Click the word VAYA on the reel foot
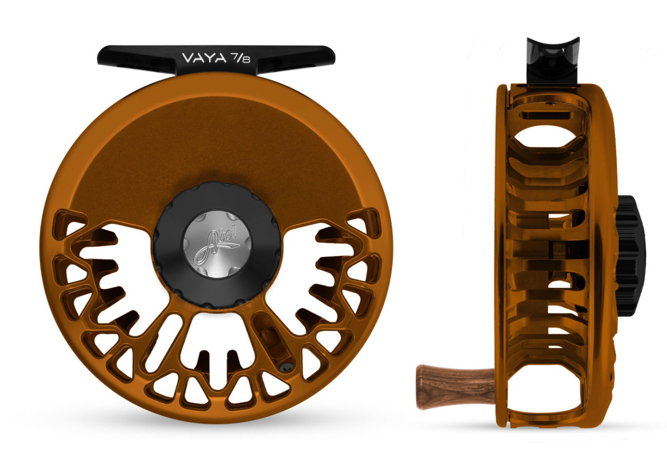[204, 58]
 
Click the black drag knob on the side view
[631, 256]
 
